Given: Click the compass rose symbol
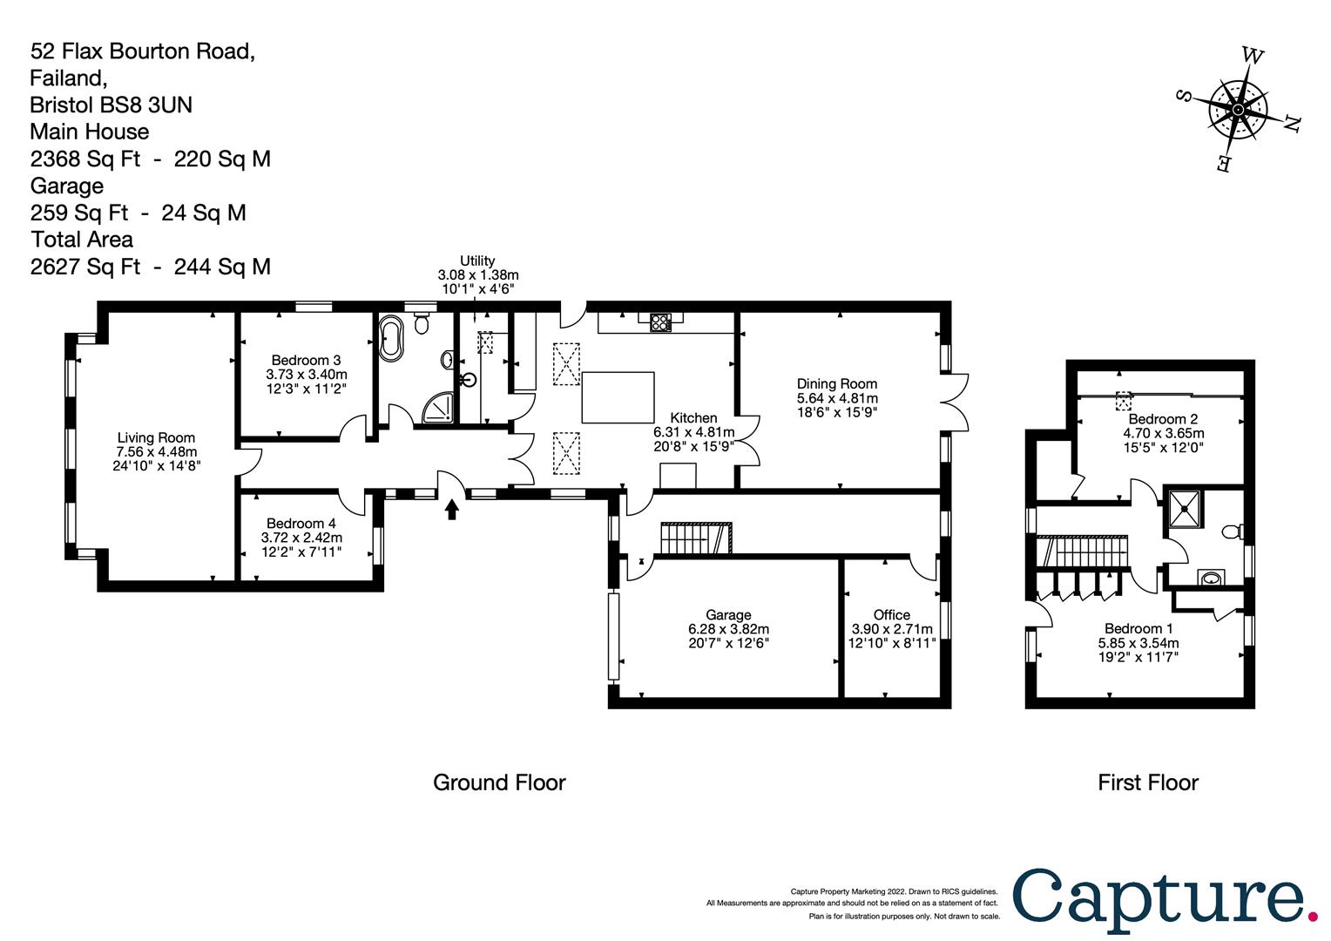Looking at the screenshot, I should coord(1238,110).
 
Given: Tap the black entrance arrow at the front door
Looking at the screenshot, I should coord(451,508).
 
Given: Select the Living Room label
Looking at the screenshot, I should coord(157,438).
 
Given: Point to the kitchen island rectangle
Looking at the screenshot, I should coord(618,396).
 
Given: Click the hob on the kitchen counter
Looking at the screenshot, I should coord(660,322).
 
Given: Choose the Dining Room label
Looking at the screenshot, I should coord(837,383).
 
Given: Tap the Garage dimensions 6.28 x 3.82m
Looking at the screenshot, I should coord(728,629).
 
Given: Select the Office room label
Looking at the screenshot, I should coord(892,614).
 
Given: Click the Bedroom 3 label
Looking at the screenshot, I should coord(306,360).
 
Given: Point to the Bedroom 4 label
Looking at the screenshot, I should coord(301,523).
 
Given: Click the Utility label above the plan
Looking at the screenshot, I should coord(477,261).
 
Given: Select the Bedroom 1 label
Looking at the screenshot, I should coord(1138,628).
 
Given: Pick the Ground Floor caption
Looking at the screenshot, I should coord(499,782).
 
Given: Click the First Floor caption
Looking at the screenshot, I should coord(1147,782).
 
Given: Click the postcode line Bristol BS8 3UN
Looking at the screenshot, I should coord(111,105).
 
